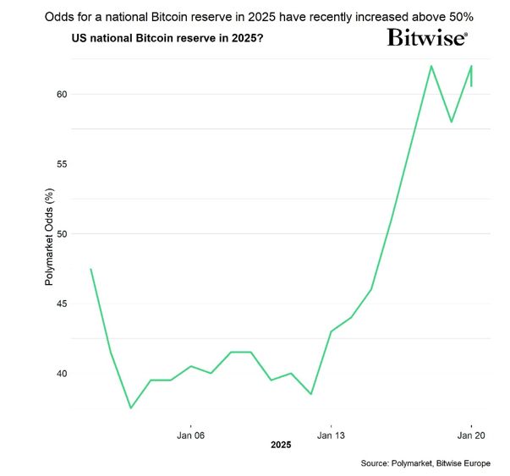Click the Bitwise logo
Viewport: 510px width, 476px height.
(x=427, y=37)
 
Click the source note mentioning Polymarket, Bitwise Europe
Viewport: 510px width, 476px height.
(x=425, y=464)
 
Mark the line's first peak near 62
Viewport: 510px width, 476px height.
(x=431, y=66)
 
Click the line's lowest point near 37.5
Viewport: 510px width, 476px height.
(x=131, y=408)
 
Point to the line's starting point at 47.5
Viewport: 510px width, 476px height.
(x=90, y=269)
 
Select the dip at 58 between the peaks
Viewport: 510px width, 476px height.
(x=452, y=122)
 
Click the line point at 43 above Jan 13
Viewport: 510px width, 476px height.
(x=331, y=331)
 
